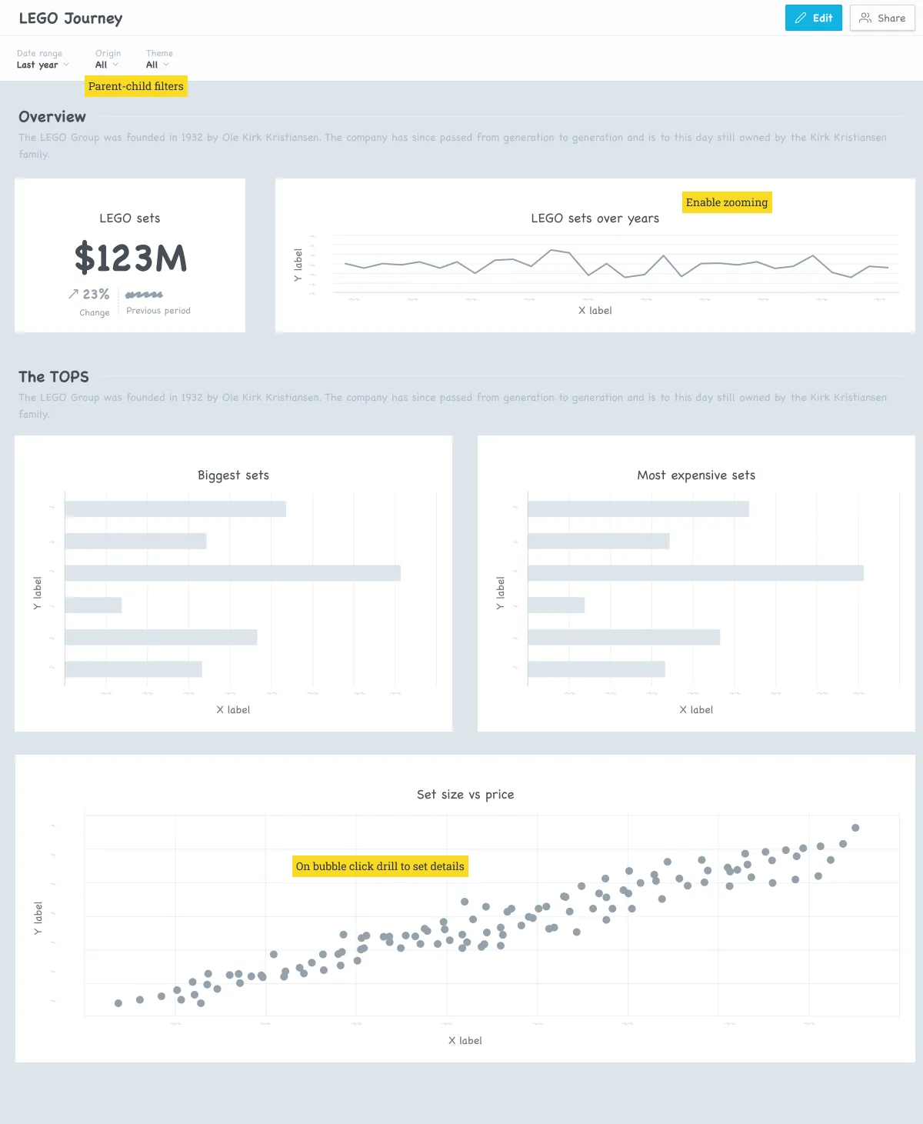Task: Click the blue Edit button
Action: pos(813,18)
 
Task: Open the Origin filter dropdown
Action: pos(106,65)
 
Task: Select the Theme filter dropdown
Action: pos(157,65)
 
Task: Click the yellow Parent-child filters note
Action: pos(135,86)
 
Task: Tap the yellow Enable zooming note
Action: pos(726,202)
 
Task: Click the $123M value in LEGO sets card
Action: pos(130,258)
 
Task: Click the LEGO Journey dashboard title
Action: pos(71,18)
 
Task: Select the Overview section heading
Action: pos(52,117)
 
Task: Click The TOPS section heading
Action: pos(54,377)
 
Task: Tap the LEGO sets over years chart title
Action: pos(595,218)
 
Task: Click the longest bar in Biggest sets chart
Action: pos(232,573)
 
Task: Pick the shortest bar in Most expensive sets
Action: pos(555,605)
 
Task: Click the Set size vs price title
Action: pos(465,795)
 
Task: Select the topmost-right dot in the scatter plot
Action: pos(855,828)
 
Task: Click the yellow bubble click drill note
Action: pos(380,866)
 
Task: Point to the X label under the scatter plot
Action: pos(465,1041)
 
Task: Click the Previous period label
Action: pos(158,311)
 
